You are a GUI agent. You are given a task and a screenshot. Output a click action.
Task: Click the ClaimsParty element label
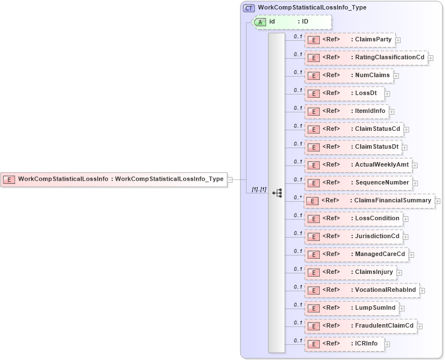pos(373,40)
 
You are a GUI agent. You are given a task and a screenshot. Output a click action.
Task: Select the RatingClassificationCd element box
pos(366,58)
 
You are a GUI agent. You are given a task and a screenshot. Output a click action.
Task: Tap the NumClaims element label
pos(372,75)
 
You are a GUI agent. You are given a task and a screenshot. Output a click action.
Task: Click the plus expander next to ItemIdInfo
pos(391,111)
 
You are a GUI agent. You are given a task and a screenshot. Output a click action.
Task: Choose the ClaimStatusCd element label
pos(377,129)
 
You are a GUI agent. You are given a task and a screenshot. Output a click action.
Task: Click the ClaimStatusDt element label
pos(377,147)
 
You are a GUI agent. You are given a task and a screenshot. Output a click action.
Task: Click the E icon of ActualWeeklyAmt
pos(314,165)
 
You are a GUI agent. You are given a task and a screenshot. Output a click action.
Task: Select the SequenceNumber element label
pos(382,183)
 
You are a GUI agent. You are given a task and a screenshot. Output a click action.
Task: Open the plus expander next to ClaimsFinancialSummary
pos(438,201)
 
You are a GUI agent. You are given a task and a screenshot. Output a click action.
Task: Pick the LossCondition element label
pos(377,219)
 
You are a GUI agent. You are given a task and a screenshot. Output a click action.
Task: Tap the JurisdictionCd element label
pos(377,236)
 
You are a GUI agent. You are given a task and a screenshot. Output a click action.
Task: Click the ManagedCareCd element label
pos(380,254)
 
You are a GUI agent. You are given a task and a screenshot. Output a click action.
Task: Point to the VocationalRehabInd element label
pos(385,290)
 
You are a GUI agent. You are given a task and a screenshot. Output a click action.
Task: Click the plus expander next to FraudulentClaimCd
pos(420,326)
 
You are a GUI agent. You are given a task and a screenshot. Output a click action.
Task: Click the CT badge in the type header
pos(249,8)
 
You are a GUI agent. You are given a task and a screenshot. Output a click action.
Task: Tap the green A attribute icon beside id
pos(260,22)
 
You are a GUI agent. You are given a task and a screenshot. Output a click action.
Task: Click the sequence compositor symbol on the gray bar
pos(277,192)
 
